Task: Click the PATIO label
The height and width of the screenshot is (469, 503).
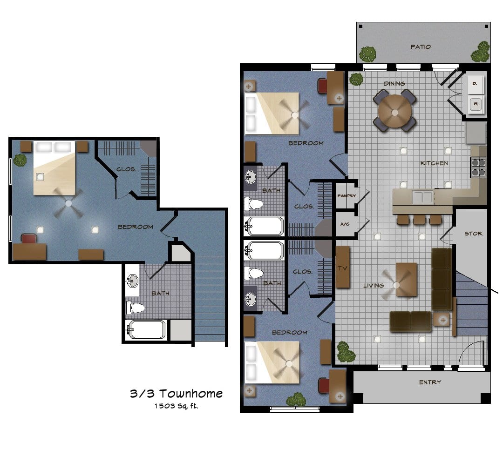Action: tap(421, 47)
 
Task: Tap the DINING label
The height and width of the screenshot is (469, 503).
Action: tap(394, 84)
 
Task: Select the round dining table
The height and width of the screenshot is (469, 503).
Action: tap(395, 112)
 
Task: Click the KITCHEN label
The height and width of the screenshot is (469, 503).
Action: tap(434, 163)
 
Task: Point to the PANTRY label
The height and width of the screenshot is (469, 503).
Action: tap(347, 195)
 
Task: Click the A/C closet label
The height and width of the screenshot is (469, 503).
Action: tap(345, 224)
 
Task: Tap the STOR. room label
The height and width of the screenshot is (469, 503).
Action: tap(474, 234)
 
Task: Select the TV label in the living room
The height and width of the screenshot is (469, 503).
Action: tap(343, 268)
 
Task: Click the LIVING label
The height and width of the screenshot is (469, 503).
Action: tap(374, 285)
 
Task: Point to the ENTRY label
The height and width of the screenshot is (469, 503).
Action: tap(430, 382)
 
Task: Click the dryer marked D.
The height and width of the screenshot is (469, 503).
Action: tap(475, 84)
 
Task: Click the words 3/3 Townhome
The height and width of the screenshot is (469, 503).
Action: tap(176, 393)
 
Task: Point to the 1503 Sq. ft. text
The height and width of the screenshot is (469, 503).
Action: tap(176, 406)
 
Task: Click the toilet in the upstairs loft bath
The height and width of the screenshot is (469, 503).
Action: tap(135, 308)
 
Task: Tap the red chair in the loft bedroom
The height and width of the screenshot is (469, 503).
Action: tap(29, 239)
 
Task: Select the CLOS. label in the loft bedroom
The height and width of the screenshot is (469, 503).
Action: tap(126, 169)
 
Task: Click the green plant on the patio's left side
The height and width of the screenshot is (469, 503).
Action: tap(367, 54)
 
